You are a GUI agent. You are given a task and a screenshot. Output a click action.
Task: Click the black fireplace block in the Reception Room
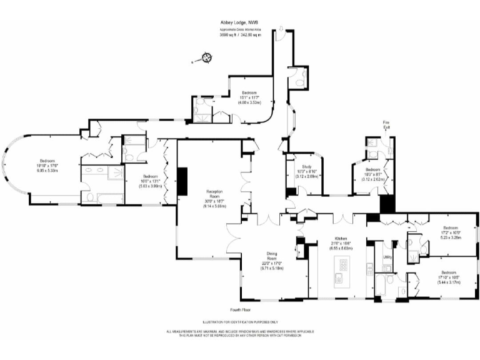tap(183, 182)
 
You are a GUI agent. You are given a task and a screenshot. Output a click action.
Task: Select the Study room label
tap(306, 167)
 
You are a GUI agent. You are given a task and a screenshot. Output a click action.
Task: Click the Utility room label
tap(387, 257)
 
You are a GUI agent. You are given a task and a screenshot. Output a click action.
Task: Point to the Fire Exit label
tap(387, 126)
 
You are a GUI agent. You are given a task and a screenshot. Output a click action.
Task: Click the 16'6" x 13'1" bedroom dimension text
tap(150, 181)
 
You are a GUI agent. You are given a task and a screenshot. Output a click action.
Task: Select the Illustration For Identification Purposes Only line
tap(240, 322)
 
